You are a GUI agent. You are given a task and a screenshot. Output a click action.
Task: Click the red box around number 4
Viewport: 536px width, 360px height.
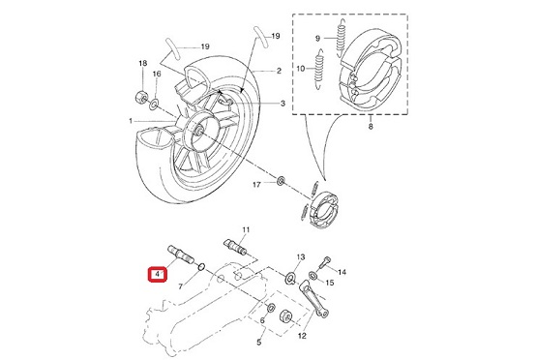[158, 275]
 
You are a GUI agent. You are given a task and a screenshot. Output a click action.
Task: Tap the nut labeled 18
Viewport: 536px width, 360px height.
[141, 96]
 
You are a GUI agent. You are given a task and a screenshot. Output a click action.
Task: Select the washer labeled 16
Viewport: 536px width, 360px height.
[154, 104]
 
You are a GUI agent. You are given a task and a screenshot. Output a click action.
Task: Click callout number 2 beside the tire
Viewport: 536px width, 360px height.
[279, 71]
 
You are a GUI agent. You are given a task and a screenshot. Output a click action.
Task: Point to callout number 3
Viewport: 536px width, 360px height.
[283, 104]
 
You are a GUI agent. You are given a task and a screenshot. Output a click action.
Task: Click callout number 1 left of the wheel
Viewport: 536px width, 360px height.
[131, 121]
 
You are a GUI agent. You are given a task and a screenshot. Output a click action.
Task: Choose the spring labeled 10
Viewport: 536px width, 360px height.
[318, 69]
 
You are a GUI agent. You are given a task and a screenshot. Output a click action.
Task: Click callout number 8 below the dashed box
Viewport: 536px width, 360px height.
[371, 127]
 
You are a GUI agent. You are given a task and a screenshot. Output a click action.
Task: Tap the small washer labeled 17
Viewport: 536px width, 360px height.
[281, 181]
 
